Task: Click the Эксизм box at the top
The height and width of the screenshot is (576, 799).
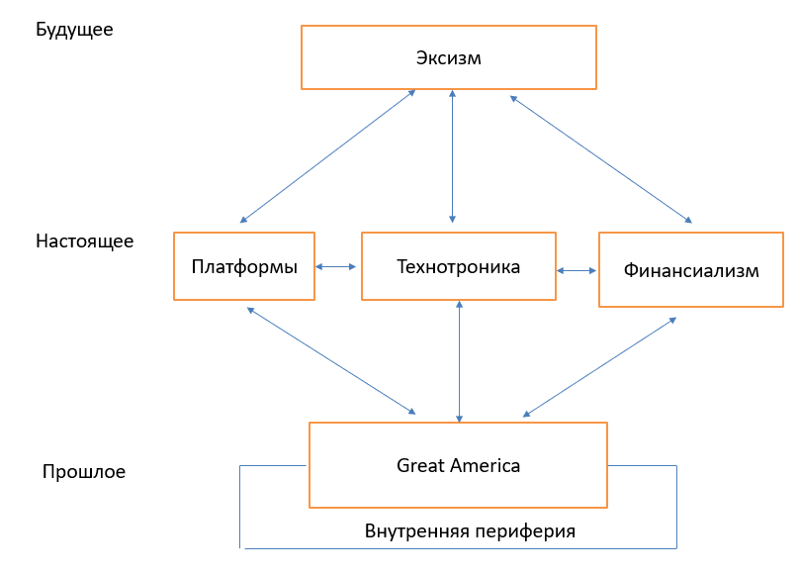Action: click(x=448, y=57)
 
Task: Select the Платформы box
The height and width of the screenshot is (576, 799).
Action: click(x=244, y=266)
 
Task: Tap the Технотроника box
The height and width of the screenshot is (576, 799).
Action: click(x=458, y=266)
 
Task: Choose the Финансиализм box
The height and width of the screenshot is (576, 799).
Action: click(x=691, y=269)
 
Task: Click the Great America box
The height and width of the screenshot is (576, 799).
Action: click(x=458, y=465)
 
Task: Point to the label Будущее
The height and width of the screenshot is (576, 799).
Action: click(x=74, y=30)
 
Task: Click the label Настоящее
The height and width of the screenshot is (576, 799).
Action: click(x=84, y=240)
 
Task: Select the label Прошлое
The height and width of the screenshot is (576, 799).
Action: click(x=84, y=472)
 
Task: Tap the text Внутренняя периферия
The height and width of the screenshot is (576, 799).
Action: click(x=470, y=530)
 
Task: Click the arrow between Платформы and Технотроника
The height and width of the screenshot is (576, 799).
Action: click(x=337, y=266)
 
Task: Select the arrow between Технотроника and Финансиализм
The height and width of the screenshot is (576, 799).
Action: click(x=577, y=269)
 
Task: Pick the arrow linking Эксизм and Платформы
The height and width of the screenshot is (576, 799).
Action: click(x=327, y=155)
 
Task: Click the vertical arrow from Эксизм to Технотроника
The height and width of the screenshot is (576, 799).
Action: click(x=452, y=155)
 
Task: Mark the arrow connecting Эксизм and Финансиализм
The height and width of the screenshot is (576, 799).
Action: click(x=600, y=158)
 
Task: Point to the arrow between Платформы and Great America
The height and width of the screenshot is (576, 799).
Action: click(x=331, y=360)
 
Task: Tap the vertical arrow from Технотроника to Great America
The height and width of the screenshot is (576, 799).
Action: click(x=459, y=360)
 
